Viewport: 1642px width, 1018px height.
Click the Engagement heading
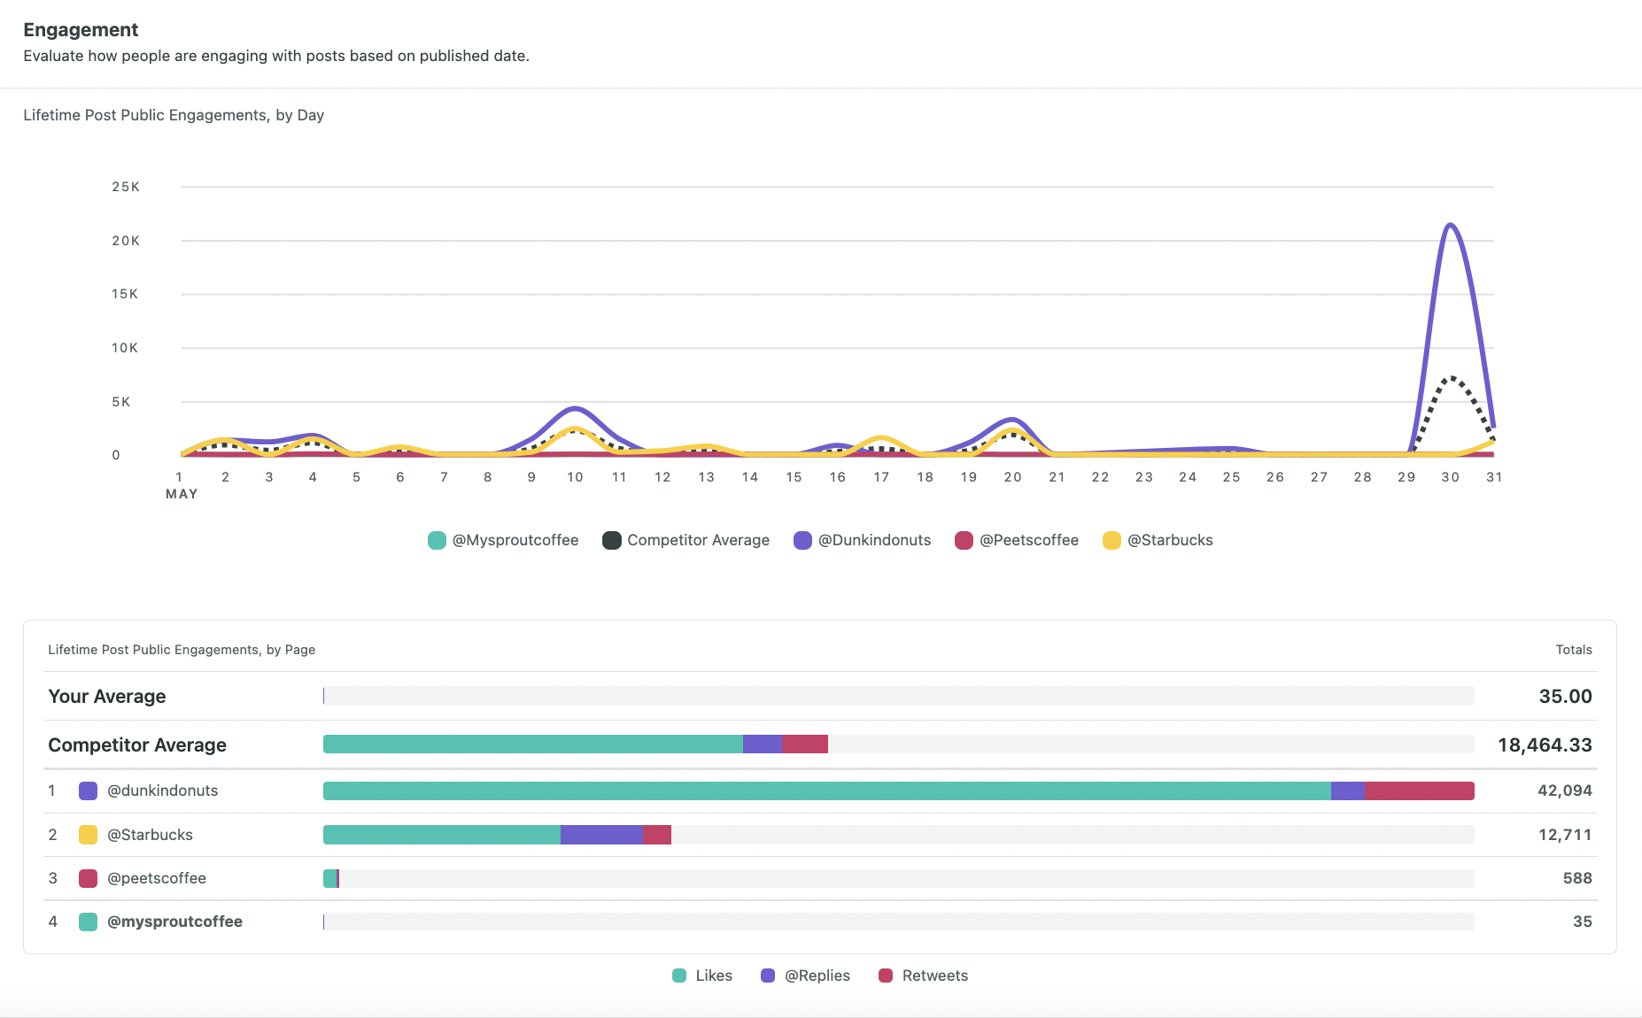click(x=81, y=30)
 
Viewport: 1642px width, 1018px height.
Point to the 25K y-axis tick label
click(x=126, y=187)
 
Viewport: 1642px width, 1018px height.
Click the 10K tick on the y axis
click(x=125, y=348)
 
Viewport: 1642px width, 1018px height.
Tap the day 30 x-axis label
click(x=1450, y=477)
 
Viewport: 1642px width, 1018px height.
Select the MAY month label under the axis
click(x=182, y=494)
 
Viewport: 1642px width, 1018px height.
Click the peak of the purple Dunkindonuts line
click(x=1450, y=225)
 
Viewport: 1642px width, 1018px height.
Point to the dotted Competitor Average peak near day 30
click(x=1451, y=379)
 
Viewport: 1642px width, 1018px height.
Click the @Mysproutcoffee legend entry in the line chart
click(x=503, y=540)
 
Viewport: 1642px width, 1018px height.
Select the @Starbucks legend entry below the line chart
click(x=1158, y=540)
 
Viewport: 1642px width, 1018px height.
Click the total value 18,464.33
click(x=1545, y=745)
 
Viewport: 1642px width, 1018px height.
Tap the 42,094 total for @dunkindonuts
click(x=1564, y=790)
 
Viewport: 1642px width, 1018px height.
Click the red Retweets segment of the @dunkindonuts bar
click(x=1419, y=790)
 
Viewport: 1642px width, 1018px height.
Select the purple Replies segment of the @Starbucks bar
click(x=600, y=835)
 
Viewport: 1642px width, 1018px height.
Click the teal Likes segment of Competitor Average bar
click(x=531, y=744)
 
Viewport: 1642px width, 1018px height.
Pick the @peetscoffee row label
click(x=156, y=878)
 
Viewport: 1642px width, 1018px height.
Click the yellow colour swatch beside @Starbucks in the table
click(x=88, y=835)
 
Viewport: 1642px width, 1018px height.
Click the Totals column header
click(x=1573, y=650)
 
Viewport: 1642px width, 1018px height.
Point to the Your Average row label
click(x=107, y=697)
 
